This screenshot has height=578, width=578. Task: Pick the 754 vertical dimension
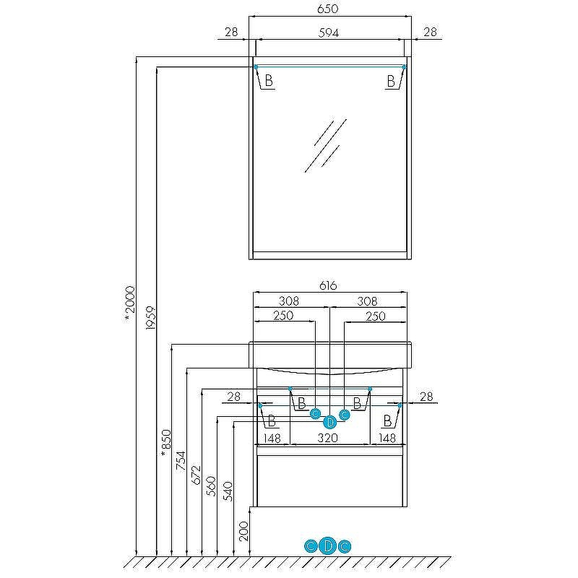pos(181,461)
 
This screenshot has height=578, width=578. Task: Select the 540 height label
pos(228,491)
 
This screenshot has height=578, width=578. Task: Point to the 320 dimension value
pos(329,438)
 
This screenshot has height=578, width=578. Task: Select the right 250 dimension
pos(375,316)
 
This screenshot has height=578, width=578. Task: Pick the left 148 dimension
pos(272,438)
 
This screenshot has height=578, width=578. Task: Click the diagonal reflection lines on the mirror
pos(324,144)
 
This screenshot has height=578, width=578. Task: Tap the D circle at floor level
pos(328,545)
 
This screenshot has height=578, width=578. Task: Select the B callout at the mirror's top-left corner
pos(268,81)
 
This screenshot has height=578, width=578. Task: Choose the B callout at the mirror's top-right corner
pos(392,81)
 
